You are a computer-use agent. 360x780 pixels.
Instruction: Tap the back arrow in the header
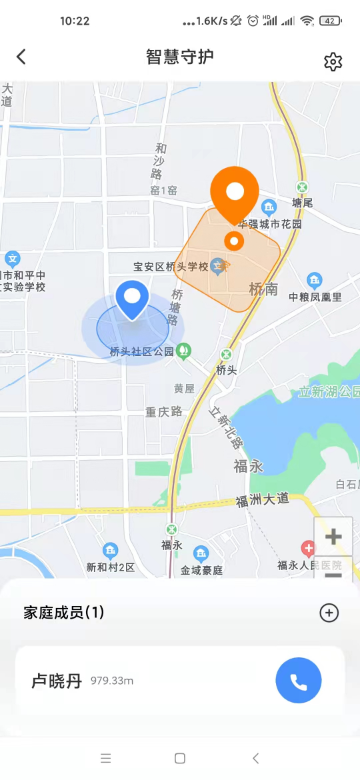(x=21, y=58)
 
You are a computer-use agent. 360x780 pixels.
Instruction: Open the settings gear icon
(x=333, y=62)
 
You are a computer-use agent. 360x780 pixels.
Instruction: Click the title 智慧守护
(x=180, y=58)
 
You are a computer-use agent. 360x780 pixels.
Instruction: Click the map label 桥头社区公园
(x=141, y=352)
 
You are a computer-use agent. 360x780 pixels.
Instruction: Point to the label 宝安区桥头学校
(x=170, y=267)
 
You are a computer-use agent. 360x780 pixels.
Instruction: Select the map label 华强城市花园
(x=270, y=224)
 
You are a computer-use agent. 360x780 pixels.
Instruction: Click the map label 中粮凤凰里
(x=315, y=297)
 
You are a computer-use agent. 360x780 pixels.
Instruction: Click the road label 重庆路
(x=164, y=411)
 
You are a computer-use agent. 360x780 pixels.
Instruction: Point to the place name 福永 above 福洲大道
(x=248, y=466)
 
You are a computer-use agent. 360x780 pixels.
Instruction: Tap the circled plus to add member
(x=329, y=613)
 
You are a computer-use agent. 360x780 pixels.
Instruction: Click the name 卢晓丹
(x=56, y=680)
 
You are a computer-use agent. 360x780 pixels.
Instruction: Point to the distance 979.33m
(x=113, y=681)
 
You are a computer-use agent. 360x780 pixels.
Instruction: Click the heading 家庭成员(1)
(x=64, y=613)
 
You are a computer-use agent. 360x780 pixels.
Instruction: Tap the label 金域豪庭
(x=201, y=570)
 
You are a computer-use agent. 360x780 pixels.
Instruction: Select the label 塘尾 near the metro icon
(x=302, y=203)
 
